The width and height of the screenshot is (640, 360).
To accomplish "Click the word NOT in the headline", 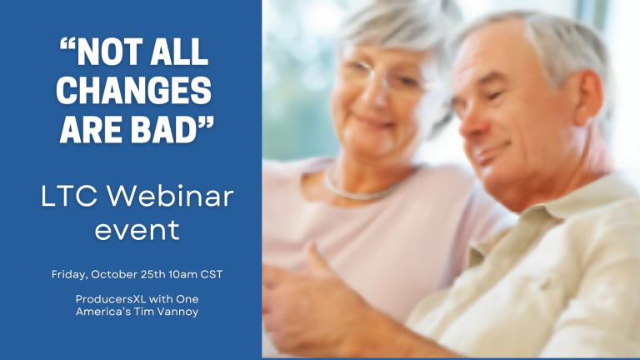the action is coord(108,52).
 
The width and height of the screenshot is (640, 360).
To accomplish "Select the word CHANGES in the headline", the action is coord(134,91).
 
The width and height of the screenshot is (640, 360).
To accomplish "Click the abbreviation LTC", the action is coord(69,197).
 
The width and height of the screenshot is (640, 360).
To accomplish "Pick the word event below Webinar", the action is coord(137,231).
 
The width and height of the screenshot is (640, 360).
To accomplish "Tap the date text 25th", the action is coord(152,274).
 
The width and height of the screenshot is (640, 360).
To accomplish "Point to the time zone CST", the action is coord(212,274).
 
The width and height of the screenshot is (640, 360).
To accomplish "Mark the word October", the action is coord(114,274).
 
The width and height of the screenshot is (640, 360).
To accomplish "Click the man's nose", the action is coord(470,123).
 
